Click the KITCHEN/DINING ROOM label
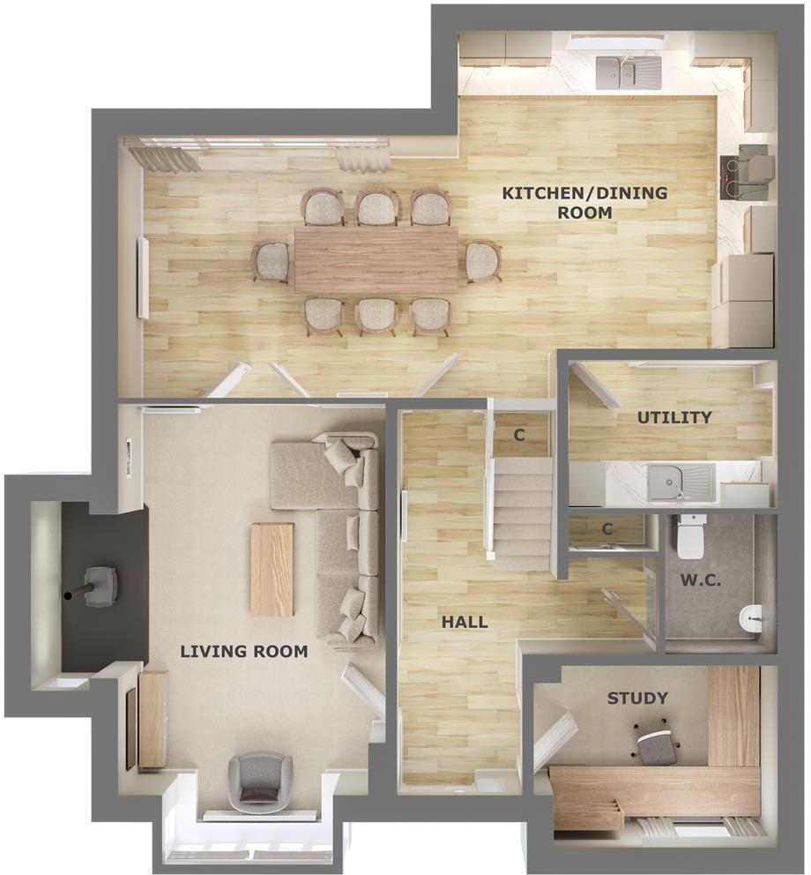click(x=584, y=203)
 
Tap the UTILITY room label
click(x=674, y=417)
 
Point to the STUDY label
click(x=637, y=699)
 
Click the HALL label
click(x=464, y=622)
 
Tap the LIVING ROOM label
click(x=244, y=652)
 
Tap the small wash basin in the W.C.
click(x=750, y=617)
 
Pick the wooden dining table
click(x=376, y=260)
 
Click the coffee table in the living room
click(x=272, y=569)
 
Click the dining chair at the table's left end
click(x=269, y=261)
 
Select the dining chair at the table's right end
click(x=483, y=261)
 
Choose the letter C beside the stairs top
click(x=519, y=434)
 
